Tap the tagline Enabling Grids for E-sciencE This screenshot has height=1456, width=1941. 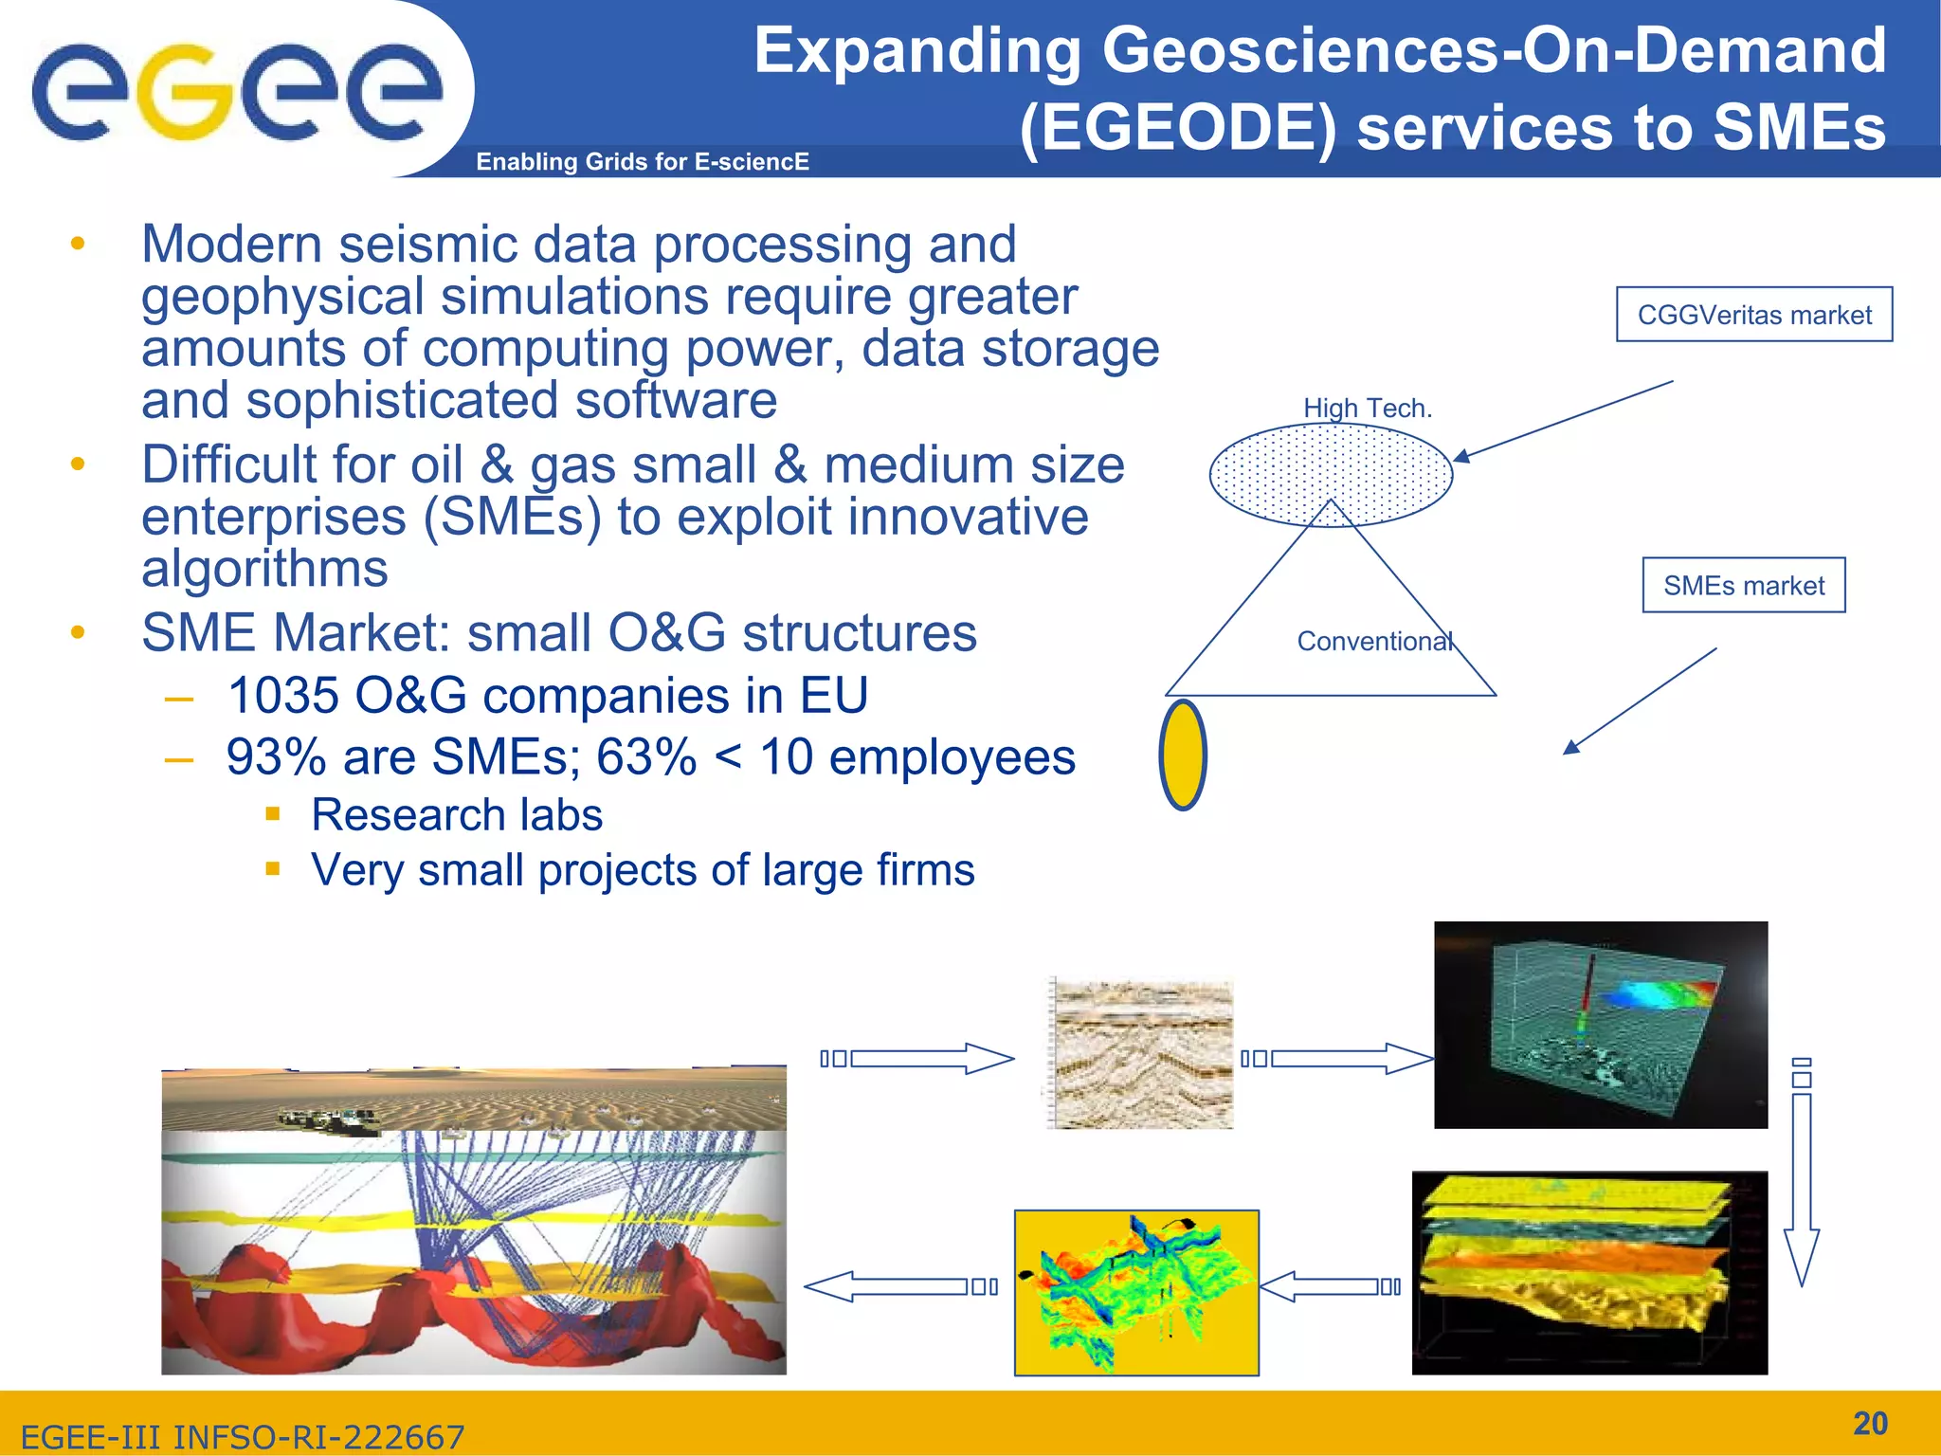pyautogui.click(x=642, y=162)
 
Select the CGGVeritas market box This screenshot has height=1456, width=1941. pyautogui.click(x=1753, y=315)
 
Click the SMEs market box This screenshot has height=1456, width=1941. pyautogui.click(x=1743, y=586)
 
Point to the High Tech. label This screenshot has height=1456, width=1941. pyautogui.click(x=1367, y=409)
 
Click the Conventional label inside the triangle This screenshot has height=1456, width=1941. pyautogui.click(x=1374, y=642)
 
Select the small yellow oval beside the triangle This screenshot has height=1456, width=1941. pyautogui.click(x=1183, y=755)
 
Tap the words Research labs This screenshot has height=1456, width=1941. pyautogui.click(x=456, y=815)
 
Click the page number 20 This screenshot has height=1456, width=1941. pyautogui.click(x=1869, y=1423)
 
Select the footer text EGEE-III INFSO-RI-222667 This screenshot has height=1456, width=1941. pyautogui.click(x=242, y=1437)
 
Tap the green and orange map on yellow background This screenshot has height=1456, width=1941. pyautogui.click(x=1135, y=1292)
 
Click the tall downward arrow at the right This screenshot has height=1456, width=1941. pyautogui.click(x=1801, y=1185)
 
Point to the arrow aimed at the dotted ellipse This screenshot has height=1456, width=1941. pyautogui.click(x=1564, y=420)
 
